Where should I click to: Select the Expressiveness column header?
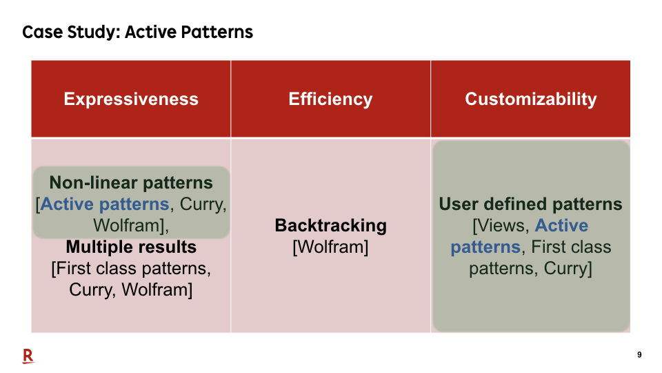(131, 99)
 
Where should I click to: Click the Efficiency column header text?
(330, 99)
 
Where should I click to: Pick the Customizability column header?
(531, 99)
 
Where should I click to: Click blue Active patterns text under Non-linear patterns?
(105, 204)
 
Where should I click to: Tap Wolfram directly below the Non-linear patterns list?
(128, 225)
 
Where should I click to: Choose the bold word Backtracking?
(330, 226)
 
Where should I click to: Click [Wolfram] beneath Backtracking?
(330, 247)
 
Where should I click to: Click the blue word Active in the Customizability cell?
(561, 225)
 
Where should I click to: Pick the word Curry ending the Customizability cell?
(565, 269)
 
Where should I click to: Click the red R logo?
(28, 356)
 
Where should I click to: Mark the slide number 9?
(639, 355)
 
